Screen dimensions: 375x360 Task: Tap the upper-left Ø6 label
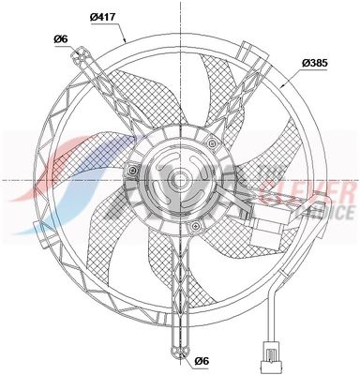(x=59, y=38)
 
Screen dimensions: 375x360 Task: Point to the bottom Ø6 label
(x=200, y=361)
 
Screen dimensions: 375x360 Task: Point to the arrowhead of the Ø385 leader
(x=282, y=86)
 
